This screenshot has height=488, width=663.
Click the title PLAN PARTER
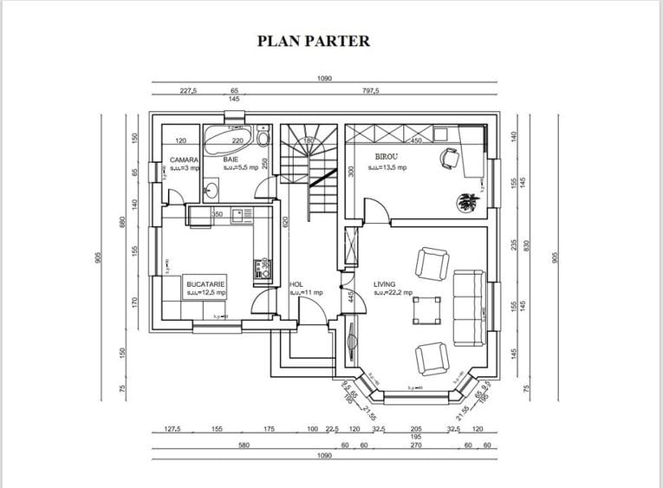click(x=314, y=41)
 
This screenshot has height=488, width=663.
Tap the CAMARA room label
click(x=185, y=159)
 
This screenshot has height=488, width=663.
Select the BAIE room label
click(x=231, y=159)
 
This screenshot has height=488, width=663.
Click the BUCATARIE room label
click(x=205, y=283)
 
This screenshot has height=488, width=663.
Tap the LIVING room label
click(x=385, y=283)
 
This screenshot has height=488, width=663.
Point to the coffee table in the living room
click(x=426, y=309)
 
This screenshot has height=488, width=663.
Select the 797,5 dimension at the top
click(x=370, y=90)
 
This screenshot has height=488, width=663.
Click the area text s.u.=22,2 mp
click(x=394, y=293)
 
